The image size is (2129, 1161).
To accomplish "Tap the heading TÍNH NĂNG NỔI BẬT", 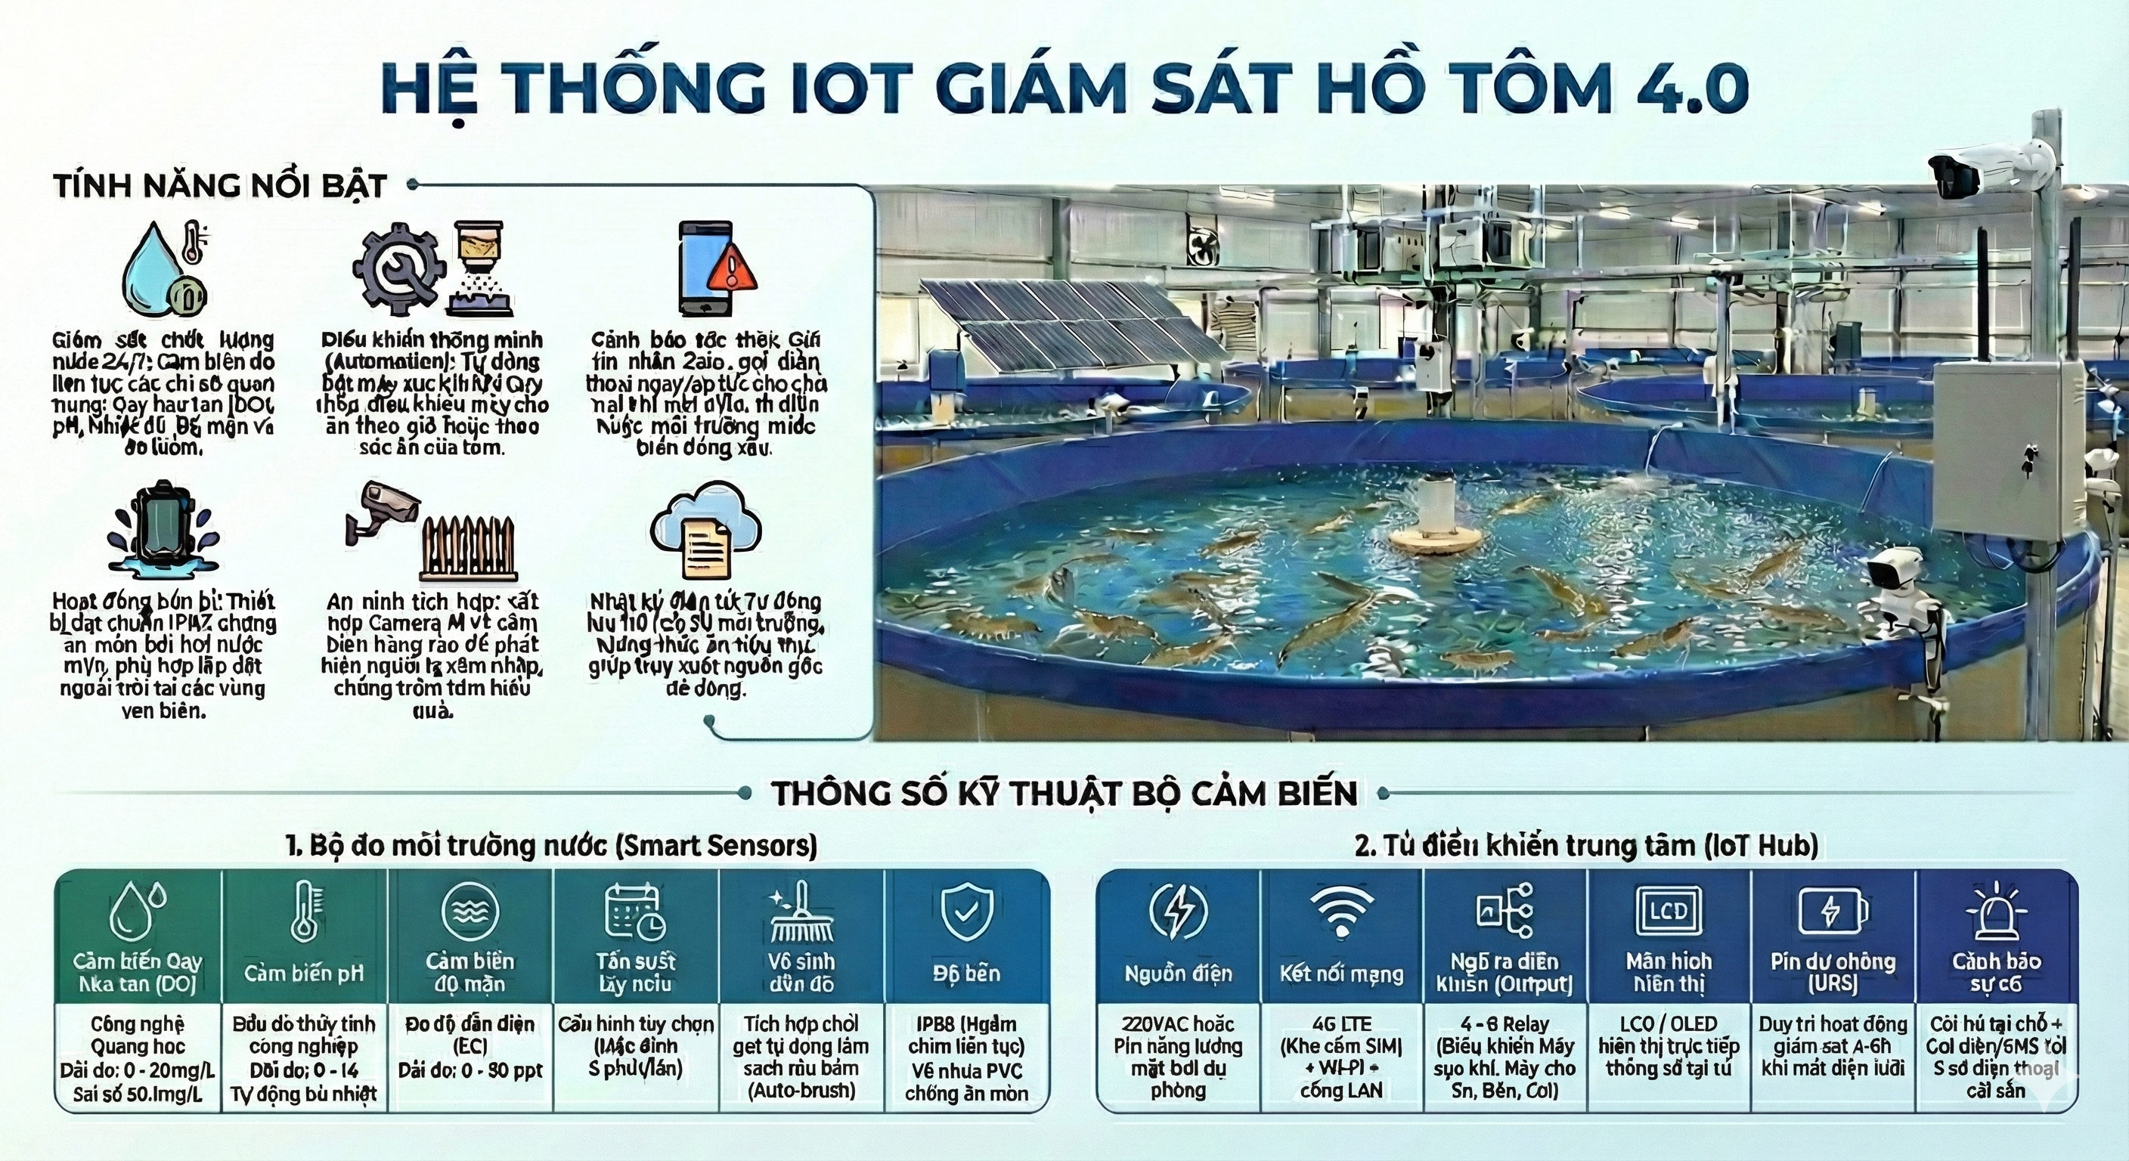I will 220,185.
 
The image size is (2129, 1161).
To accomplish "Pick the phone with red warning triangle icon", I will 716,268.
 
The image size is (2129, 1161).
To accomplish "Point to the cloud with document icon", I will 705,529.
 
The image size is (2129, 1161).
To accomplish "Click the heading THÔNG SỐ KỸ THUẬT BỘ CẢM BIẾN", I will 1064,794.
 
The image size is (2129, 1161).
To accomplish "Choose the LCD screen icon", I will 1669,912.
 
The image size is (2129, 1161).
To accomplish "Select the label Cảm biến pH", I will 304,973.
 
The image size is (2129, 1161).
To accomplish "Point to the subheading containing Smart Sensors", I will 551,845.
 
